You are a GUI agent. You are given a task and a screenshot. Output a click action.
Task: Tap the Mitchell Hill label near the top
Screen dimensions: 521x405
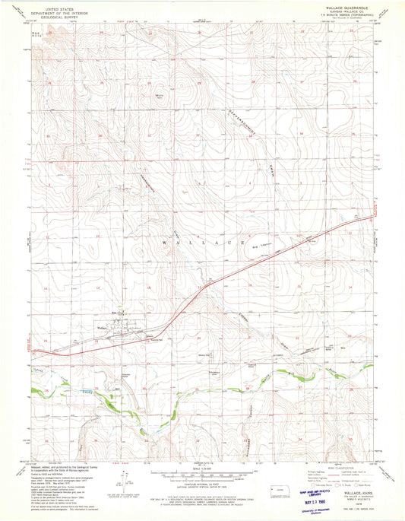click(x=160, y=96)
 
